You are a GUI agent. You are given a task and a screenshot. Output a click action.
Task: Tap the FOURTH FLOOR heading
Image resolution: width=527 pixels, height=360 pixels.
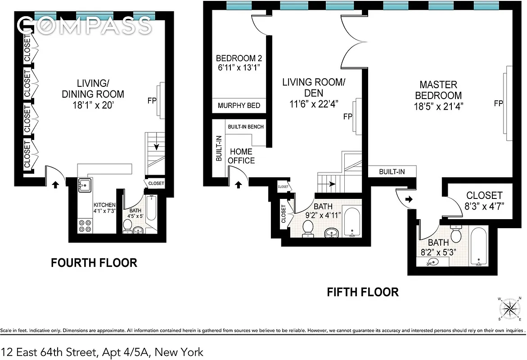coord(94,263)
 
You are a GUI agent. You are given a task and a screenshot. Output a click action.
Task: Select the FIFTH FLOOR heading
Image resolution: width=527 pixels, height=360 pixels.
coord(362,292)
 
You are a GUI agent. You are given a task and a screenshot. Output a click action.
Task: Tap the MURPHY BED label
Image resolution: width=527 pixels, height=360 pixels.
coord(239,106)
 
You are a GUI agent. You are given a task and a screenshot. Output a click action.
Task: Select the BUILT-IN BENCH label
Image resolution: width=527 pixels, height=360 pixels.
coord(246,127)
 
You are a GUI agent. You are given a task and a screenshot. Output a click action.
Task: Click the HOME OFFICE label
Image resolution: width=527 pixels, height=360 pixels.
coord(241,156)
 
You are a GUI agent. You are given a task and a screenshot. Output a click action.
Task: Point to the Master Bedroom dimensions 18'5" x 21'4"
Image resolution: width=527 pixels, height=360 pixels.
coord(438,107)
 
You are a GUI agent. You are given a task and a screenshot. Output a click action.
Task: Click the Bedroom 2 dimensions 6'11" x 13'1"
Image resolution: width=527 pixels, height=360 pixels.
coord(239,68)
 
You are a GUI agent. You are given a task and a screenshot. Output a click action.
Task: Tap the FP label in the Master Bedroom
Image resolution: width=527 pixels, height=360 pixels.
coord(498,103)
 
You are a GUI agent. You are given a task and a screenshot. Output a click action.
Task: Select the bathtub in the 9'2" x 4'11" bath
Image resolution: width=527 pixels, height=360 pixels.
coord(351,222)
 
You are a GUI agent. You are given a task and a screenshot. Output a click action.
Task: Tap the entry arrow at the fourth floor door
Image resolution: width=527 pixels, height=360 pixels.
coord(55,184)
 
